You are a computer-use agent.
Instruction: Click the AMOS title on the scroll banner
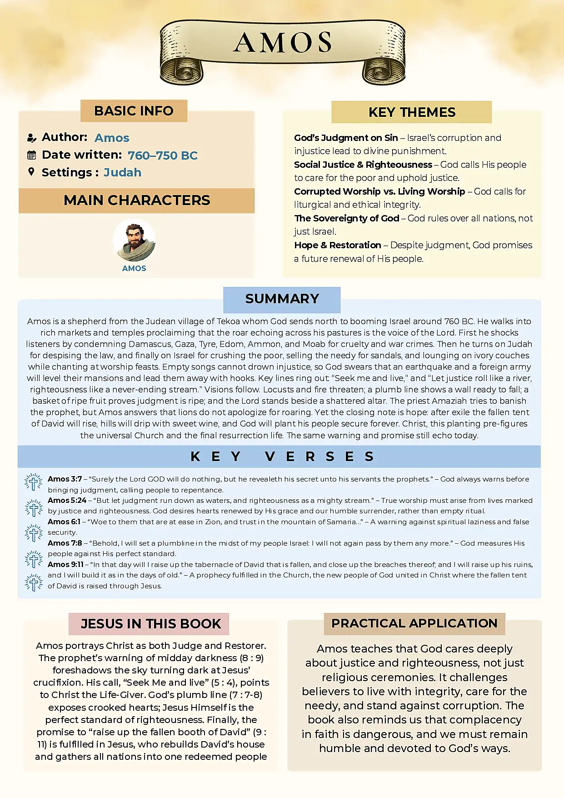(282, 43)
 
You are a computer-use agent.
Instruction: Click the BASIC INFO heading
(134, 111)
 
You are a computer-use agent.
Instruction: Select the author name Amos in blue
(112, 138)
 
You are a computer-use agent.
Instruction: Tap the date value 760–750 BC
(162, 156)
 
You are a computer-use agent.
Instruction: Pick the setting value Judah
(122, 173)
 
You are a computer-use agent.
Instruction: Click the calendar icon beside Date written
(31, 155)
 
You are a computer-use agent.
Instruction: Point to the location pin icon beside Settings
(31, 172)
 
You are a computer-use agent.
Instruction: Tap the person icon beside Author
(31, 138)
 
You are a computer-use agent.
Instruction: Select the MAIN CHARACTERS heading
(137, 201)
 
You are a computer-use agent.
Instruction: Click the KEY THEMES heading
(412, 112)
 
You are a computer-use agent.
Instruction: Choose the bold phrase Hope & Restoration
(338, 246)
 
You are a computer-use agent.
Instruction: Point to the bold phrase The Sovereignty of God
(347, 218)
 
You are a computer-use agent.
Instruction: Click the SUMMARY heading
(282, 299)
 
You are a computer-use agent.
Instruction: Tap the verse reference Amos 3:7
(65, 479)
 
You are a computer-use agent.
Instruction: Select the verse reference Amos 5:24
(67, 501)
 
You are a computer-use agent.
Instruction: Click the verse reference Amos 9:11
(65, 565)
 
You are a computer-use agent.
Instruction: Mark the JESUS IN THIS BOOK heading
(150, 624)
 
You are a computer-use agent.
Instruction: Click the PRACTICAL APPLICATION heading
(414, 623)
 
